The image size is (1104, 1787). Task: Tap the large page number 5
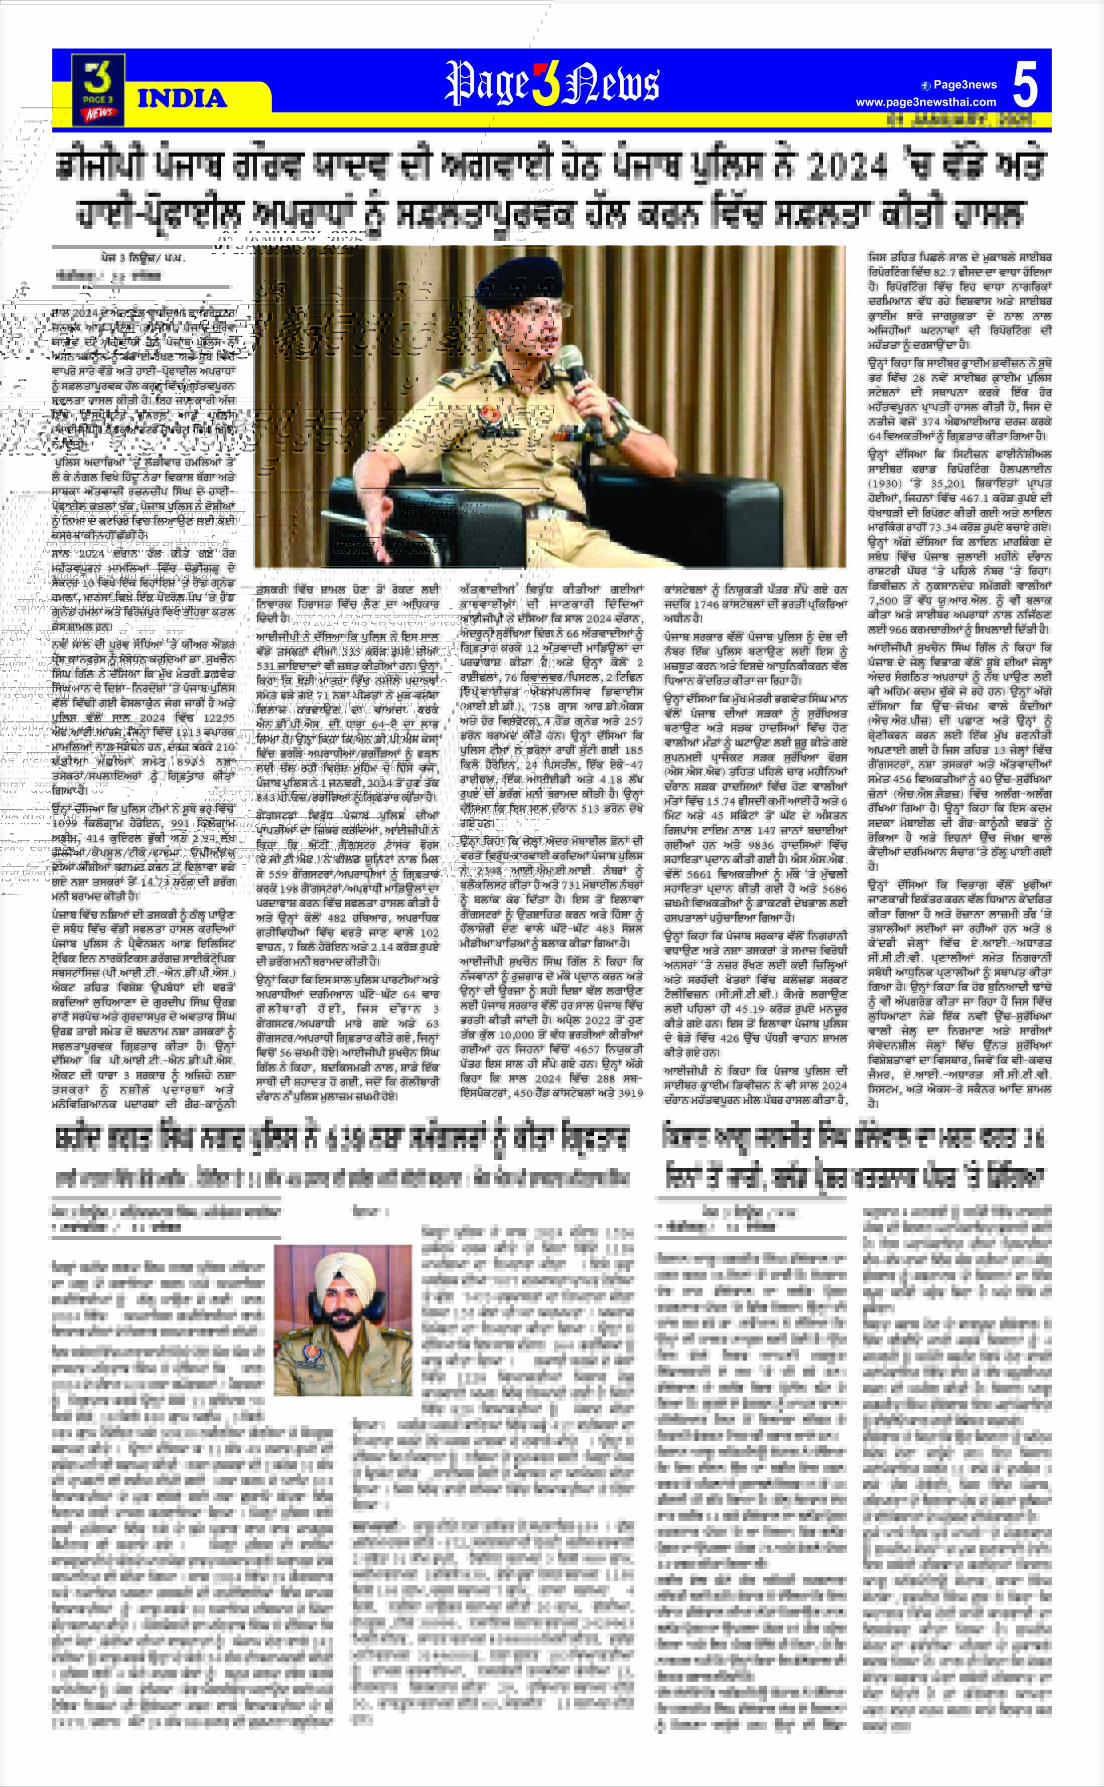(x=1025, y=85)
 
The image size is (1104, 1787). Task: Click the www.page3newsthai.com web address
(x=926, y=102)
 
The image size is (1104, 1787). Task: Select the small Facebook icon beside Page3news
(x=926, y=85)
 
